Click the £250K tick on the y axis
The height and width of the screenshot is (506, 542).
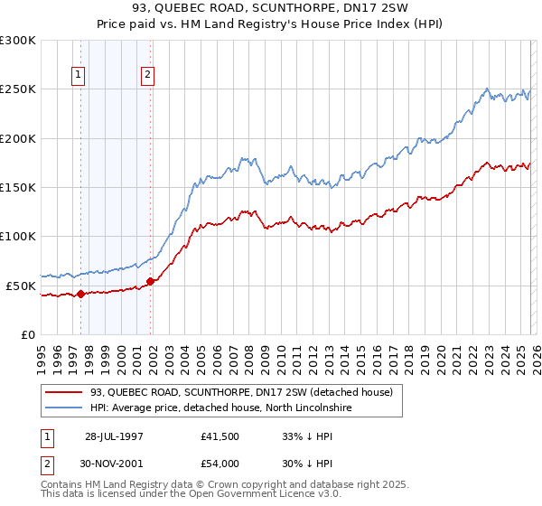tap(18, 89)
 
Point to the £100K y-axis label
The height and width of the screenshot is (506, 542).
tap(18, 236)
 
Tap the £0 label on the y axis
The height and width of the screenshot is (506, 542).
tap(27, 334)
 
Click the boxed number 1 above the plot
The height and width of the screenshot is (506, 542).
tap(79, 76)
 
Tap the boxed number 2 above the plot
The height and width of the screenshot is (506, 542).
tap(147, 76)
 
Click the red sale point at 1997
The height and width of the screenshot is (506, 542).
tap(81, 293)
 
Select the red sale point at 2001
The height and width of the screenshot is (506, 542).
tap(151, 281)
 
